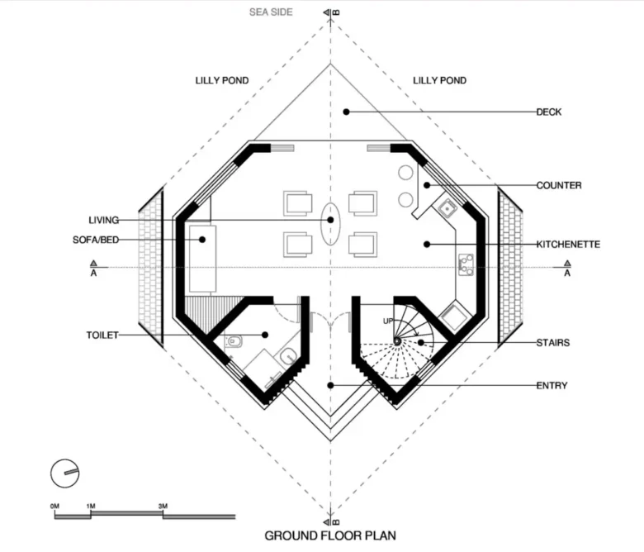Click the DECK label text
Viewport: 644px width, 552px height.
point(549,112)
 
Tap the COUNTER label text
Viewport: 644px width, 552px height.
point(559,185)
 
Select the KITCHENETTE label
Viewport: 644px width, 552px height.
point(568,245)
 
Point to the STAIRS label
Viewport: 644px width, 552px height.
point(553,343)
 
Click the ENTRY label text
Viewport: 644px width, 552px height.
point(552,386)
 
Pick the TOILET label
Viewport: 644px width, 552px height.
point(102,335)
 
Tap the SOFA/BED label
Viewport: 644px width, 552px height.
point(96,240)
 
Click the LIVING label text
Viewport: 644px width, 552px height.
point(104,221)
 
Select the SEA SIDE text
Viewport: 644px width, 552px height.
point(271,12)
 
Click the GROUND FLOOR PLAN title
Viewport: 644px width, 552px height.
point(330,535)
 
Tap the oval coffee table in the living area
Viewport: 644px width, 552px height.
point(330,224)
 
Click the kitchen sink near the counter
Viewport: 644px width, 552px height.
point(447,207)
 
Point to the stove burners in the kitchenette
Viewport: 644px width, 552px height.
point(466,264)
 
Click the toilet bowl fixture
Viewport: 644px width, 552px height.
point(234,341)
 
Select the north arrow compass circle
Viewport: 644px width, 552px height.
point(65,473)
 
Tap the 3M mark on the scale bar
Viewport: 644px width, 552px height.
point(163,506)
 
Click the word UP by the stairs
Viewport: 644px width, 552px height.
point(388,321)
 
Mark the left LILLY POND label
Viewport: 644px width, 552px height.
point(222,80)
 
